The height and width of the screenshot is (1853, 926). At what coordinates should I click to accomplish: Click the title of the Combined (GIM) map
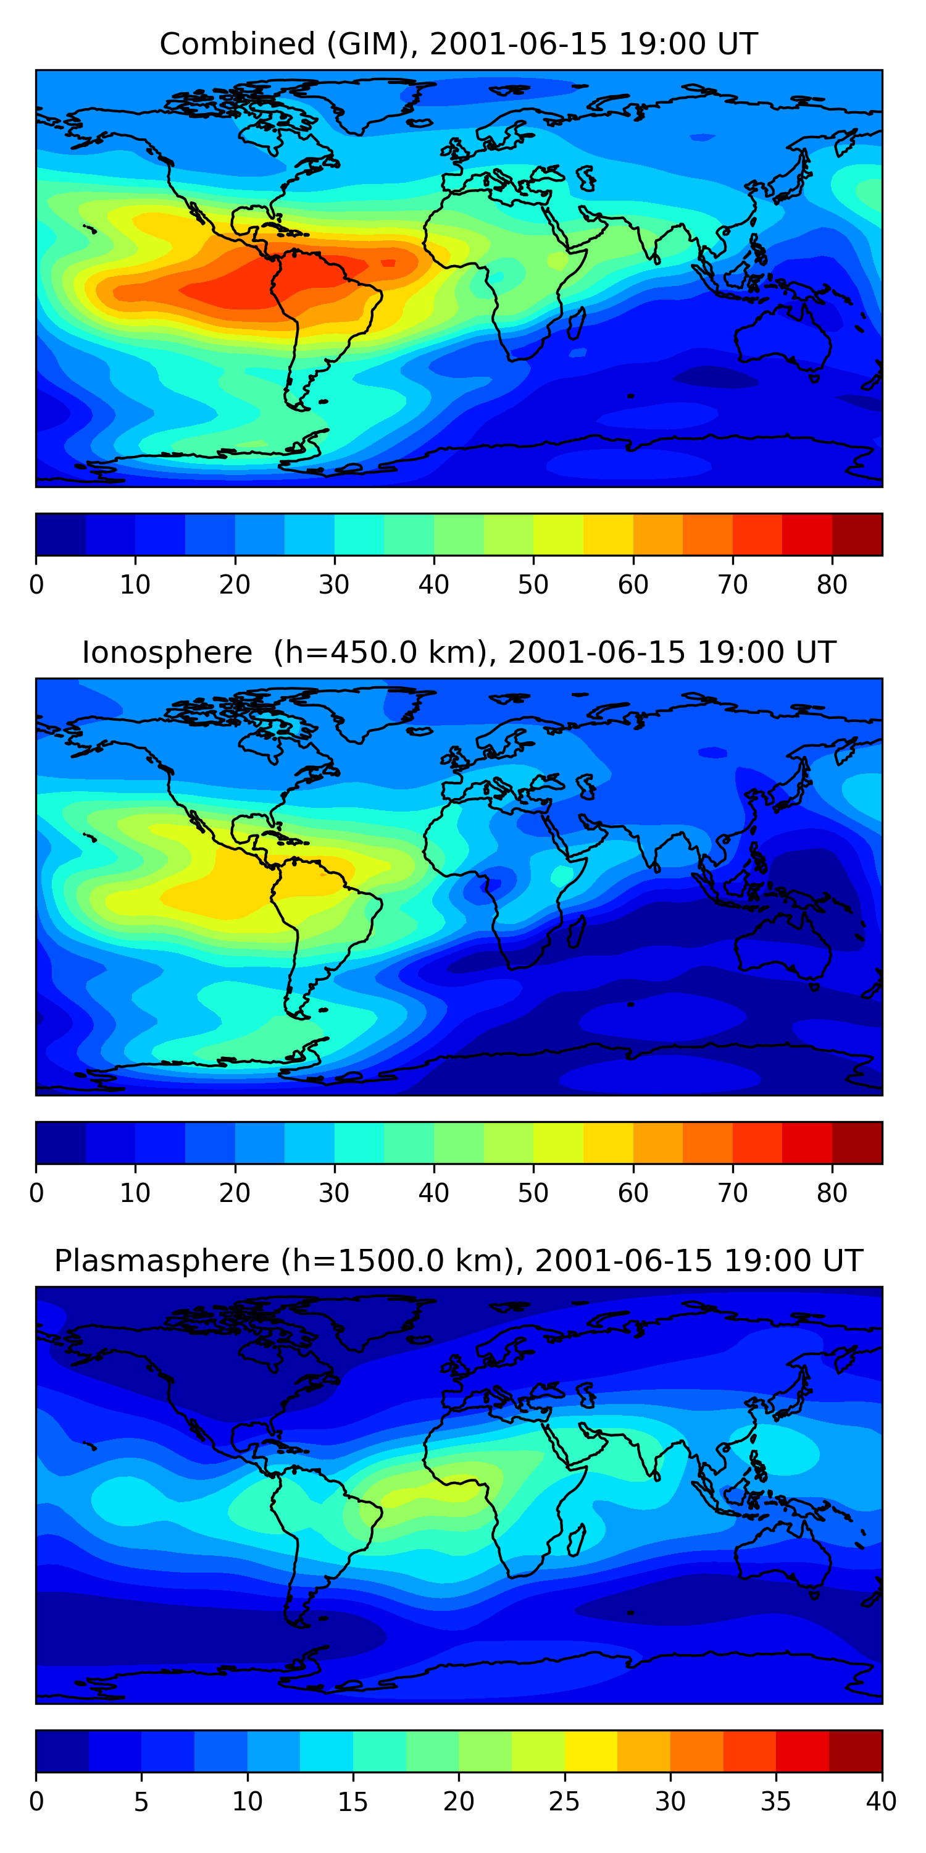[x=458, y=44]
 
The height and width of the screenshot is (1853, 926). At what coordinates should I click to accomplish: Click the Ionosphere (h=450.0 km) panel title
[x=458, y=652]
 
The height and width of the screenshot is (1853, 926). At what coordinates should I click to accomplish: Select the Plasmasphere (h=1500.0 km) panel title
[x=458, y=1261]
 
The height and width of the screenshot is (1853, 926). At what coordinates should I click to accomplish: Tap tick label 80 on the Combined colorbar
[x=832, y=584]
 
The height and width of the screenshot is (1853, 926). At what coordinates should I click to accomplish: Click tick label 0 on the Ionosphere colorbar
[x=36, y=1193]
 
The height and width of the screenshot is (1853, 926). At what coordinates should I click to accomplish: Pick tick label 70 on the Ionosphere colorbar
[x=733, y=1193]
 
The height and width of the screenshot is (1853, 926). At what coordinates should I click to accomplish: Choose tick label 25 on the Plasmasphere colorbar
[x=564, y=1801]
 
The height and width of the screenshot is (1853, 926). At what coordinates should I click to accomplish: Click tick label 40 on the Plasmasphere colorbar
[x=881, y=1801]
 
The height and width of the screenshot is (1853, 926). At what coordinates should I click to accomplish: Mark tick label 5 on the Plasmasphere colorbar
[x=141, y=1801]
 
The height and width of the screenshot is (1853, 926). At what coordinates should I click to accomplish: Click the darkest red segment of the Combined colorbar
[x=857, y=534]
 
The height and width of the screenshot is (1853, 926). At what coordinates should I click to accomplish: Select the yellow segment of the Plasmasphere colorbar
[x=591, y=1751]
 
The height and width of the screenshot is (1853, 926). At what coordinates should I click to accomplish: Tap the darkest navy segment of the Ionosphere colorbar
[x=61, y=1142]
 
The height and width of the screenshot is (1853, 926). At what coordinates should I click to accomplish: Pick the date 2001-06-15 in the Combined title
[x=519, y=44]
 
